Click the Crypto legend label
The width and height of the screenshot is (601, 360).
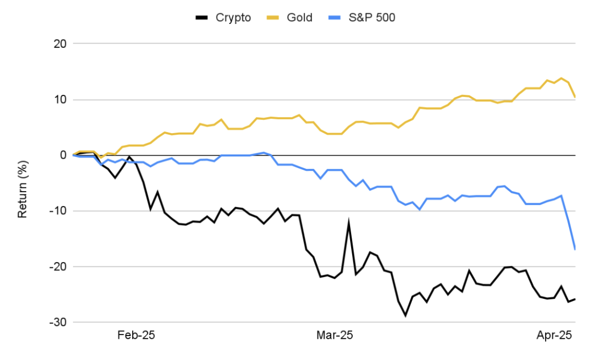[233, 18]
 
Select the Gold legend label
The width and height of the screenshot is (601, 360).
[299, 18]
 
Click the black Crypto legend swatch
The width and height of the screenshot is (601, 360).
[202, 18]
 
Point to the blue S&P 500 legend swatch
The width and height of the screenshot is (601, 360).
[335, 18]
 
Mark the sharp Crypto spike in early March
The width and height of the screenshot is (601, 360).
[349, 222]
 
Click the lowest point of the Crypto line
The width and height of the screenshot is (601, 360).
[405, 316]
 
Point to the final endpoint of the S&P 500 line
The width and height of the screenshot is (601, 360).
[575, 249]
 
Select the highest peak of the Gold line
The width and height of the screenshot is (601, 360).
[561, 78]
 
